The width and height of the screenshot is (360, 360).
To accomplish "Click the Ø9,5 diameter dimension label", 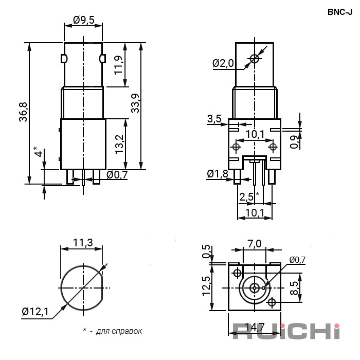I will [x=83, y=20].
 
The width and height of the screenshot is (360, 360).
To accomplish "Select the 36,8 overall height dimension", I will [x=23, y=112].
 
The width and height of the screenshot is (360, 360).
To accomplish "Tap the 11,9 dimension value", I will [x=119, y=65].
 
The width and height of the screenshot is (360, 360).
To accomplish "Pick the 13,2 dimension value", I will [x=119, y=145].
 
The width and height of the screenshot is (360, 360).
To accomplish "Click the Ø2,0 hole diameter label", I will [x=223, y=63].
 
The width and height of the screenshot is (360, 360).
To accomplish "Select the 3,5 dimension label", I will [x=214, y=119].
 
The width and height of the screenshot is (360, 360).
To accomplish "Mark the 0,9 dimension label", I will [x=294, y=141].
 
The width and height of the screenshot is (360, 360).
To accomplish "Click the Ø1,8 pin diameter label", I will [x=217, y=174].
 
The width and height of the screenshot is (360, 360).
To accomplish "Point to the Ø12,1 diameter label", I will [x=35, y=311].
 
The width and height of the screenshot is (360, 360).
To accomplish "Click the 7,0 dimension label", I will [x=254, y=243].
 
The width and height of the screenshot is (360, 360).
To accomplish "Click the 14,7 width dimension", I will [x=254, y=327].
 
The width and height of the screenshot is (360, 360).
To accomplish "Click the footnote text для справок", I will [x=119, y=331].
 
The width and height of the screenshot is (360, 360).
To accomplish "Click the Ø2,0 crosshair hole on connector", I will [x=254, y=59].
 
